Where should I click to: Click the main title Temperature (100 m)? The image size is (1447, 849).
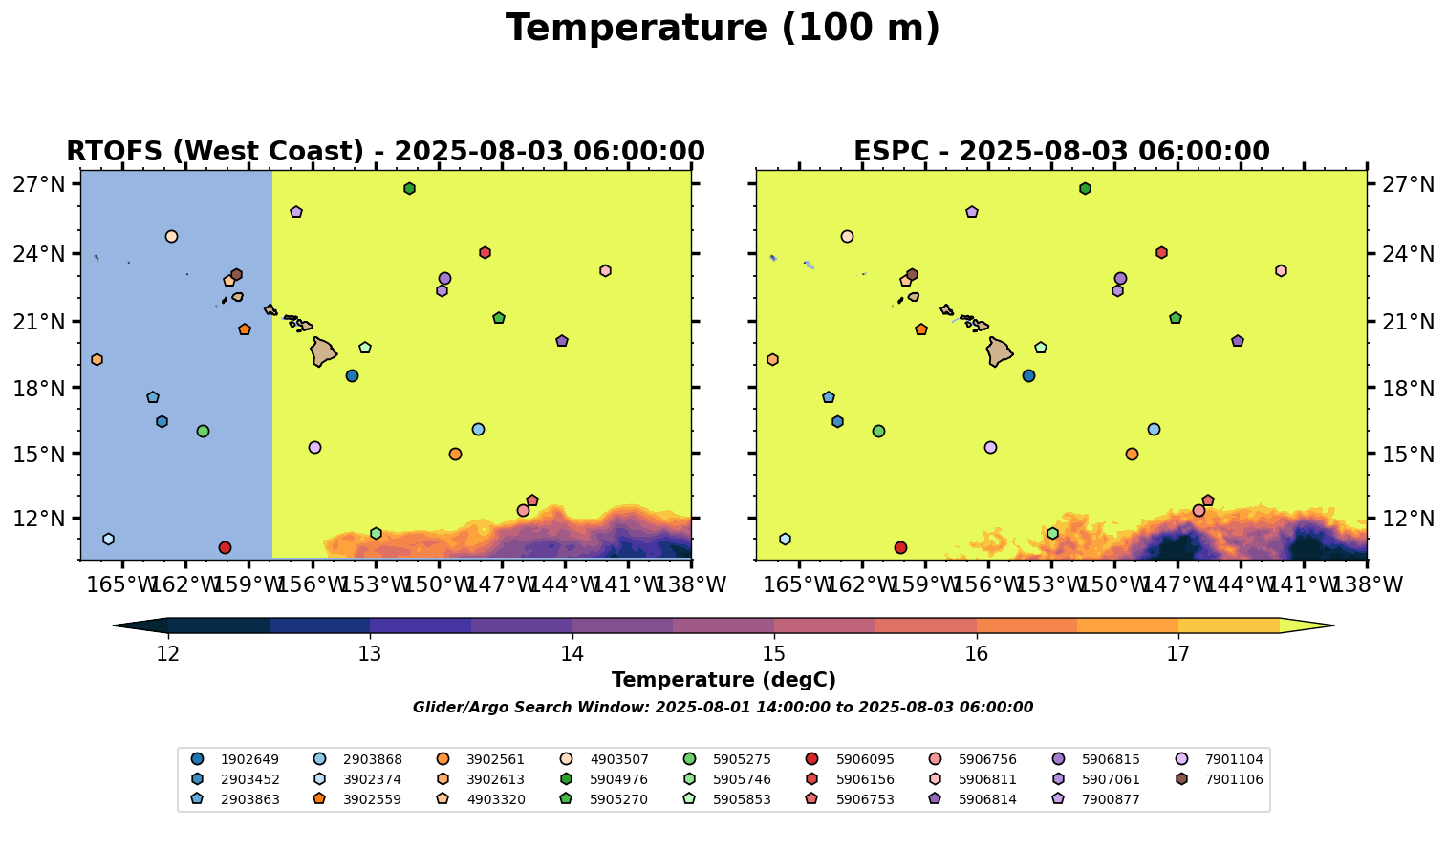[723, 29]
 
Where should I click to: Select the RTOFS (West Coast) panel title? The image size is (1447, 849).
[385, 152]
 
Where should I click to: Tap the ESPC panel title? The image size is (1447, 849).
[1061, 152]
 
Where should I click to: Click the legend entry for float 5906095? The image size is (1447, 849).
[865, 760]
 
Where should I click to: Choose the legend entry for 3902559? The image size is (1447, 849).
[495, 799]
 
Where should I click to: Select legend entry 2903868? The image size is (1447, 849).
[372, 760]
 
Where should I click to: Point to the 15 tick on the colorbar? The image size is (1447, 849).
[774, 654]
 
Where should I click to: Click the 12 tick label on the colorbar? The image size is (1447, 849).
[168, 654]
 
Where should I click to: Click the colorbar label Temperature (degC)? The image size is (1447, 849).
[723, 680]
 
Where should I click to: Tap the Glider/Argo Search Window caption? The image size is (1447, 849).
[723, 708]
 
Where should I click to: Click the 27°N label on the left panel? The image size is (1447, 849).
[38, 185]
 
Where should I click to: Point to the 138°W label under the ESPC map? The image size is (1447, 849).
[1366, 584]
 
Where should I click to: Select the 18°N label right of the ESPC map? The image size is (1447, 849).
[1405, 389]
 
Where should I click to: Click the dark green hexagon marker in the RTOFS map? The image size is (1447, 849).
[409, 189]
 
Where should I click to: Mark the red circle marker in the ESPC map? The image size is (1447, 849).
[900, 547]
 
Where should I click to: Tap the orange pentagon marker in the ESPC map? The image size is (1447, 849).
[921, 329]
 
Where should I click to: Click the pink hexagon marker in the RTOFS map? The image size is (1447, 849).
[605, 271]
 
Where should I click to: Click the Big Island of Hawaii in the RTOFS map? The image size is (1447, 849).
[323, 351]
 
